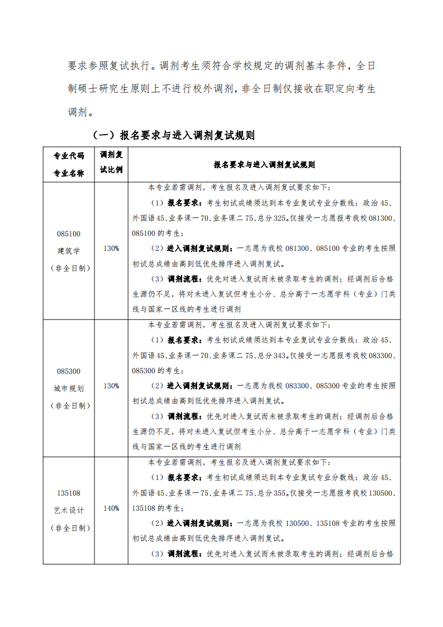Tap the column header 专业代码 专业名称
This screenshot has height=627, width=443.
pos(69,164)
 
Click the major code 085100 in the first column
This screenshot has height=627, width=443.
pos(69,234)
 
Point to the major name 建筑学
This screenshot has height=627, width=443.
pos(69,250)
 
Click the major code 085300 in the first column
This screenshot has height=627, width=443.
pos(69,371)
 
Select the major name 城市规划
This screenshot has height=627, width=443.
pos(69,388)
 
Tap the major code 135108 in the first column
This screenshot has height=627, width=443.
pos(69,493)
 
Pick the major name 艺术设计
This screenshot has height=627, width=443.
pos(69,510)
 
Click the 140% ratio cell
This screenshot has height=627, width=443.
pos(111,509)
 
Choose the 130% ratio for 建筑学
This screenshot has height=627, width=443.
pos(111,248)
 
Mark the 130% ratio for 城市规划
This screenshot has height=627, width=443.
pos(111,386)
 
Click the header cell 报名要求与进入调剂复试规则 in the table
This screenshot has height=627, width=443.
pos(264,165)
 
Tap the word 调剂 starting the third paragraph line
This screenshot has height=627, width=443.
pos(77,112)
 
